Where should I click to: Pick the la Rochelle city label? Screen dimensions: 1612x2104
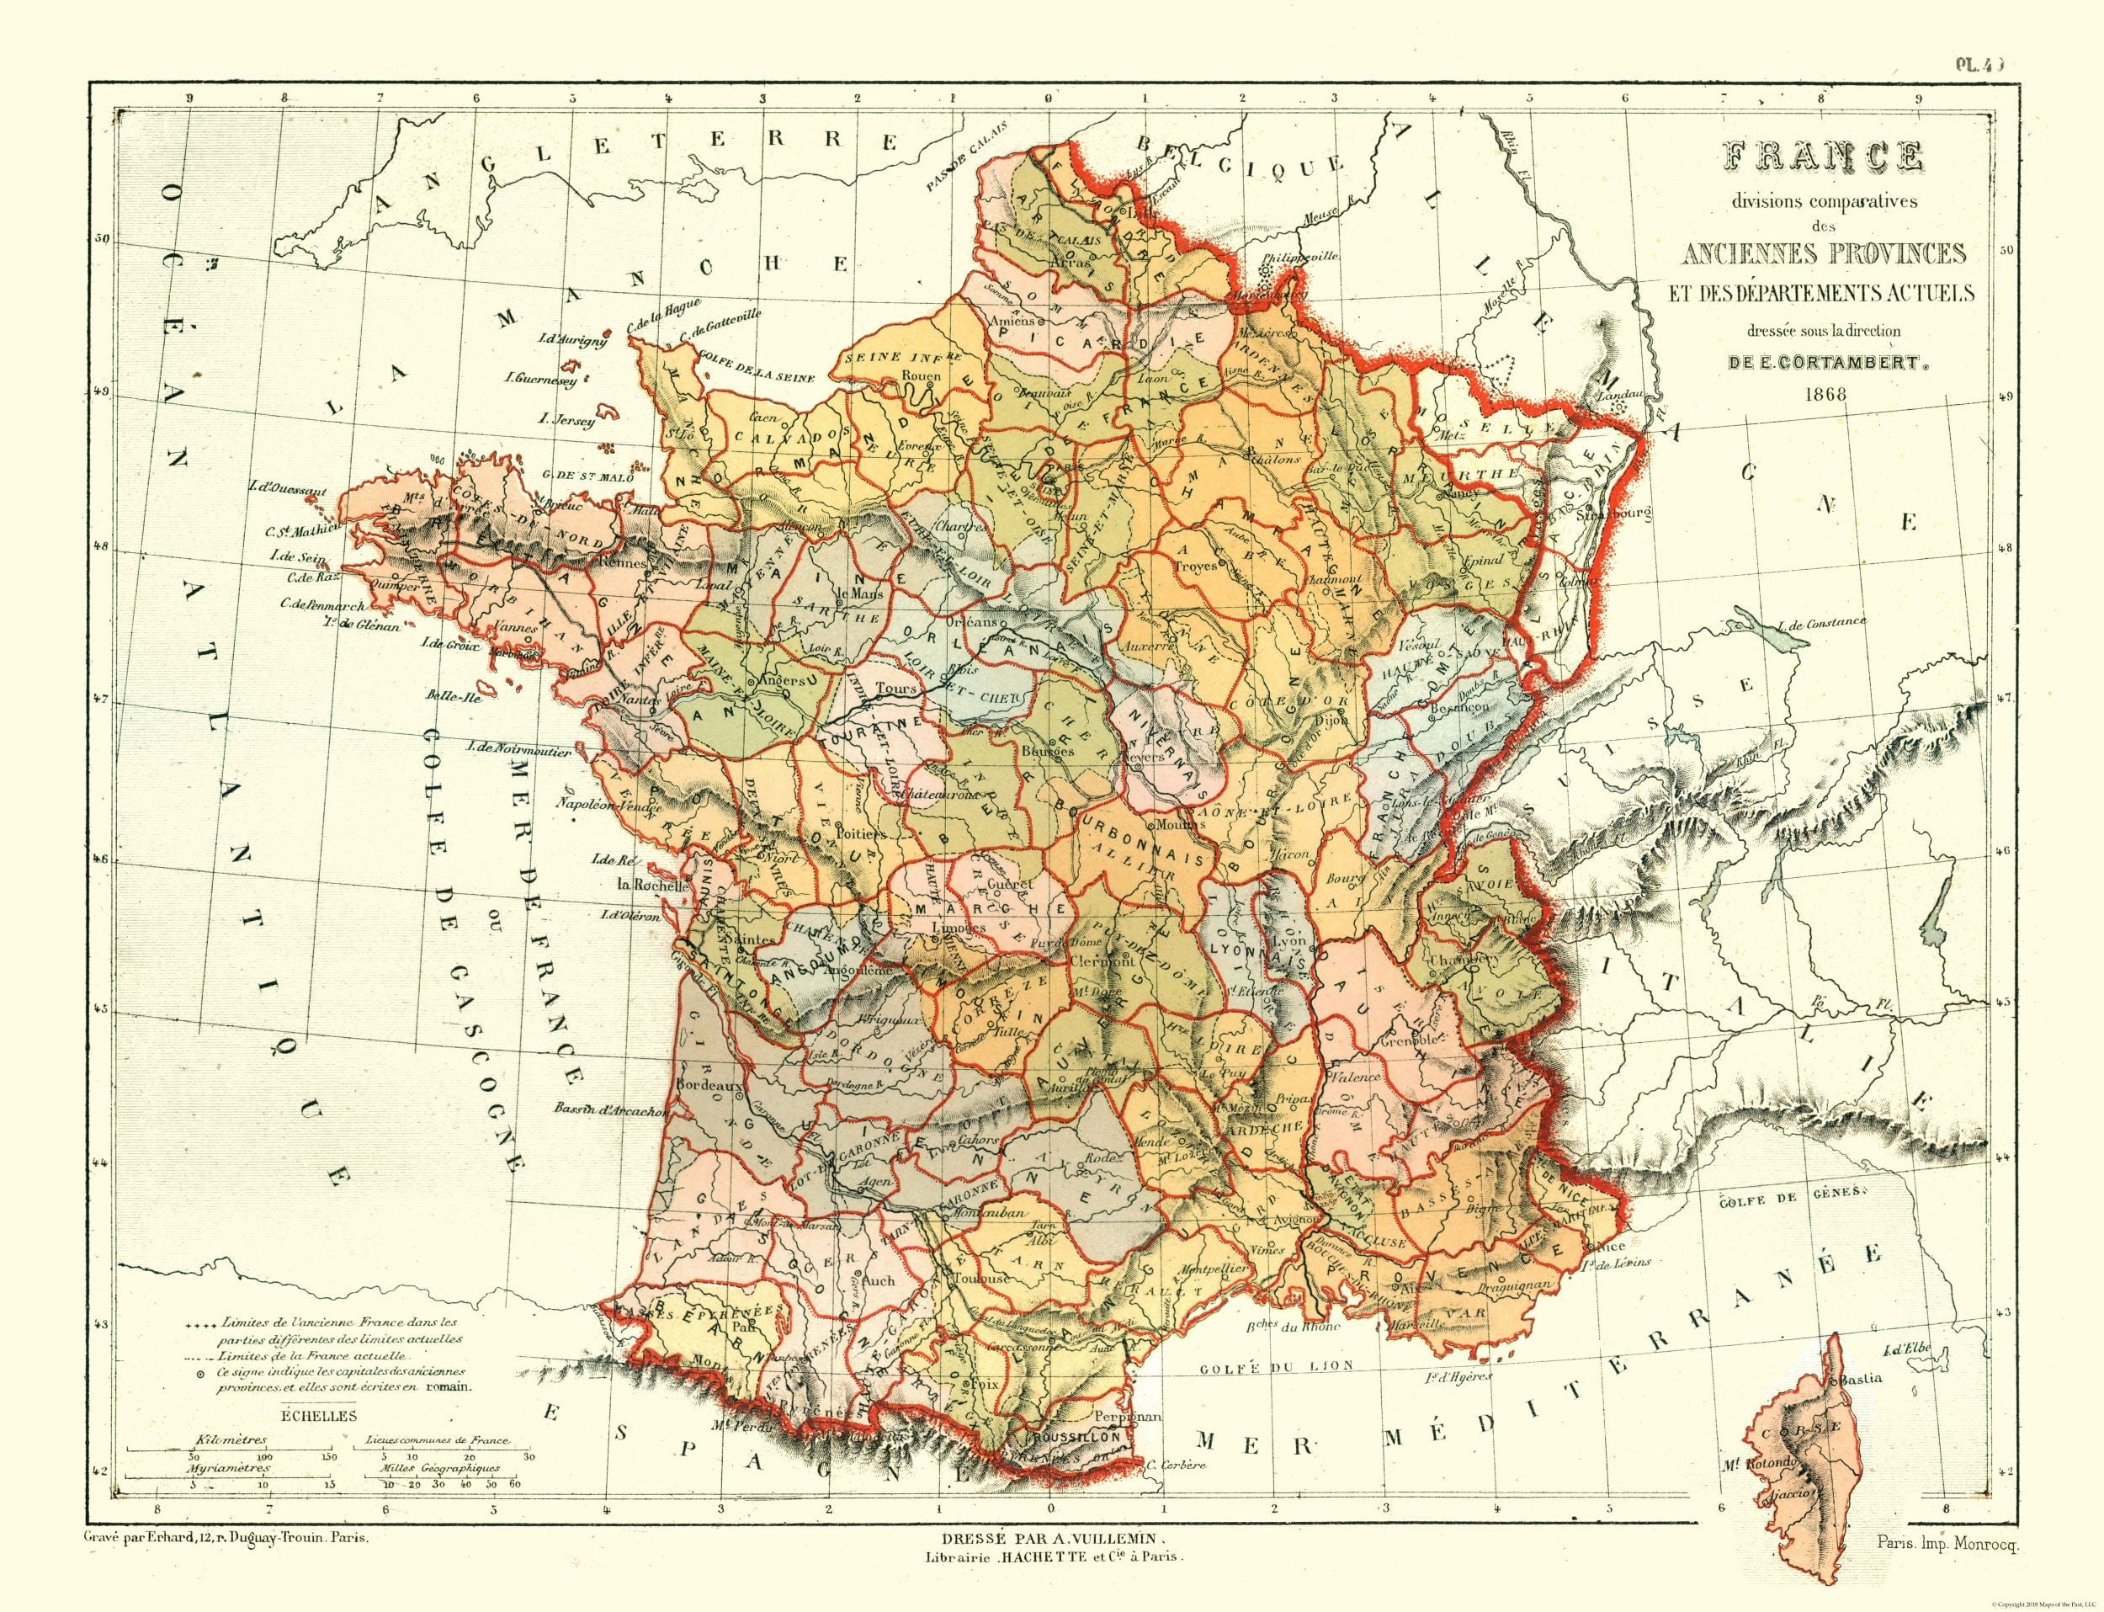[x=653, y=886]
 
